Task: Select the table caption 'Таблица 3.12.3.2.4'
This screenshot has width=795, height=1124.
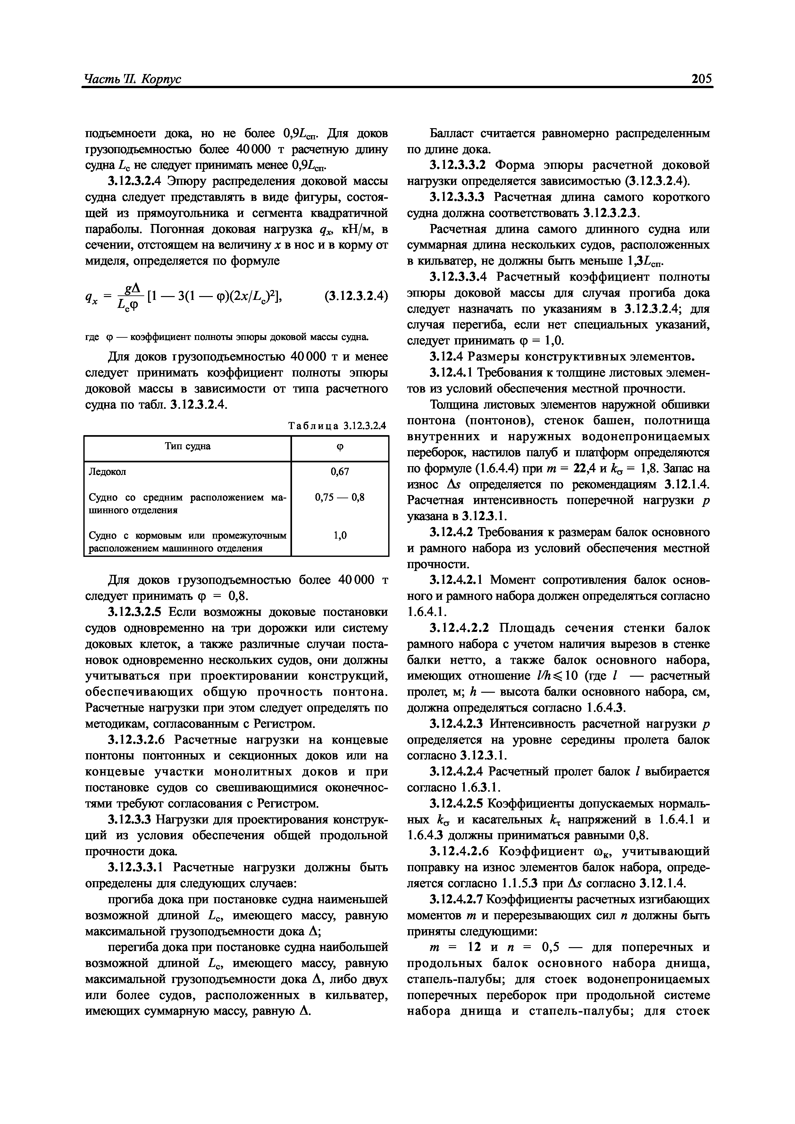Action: [x=338, y=426]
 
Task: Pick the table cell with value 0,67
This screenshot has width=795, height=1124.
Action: [x=339, y=472]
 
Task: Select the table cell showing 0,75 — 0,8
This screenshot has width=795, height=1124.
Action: [x=339, y=498]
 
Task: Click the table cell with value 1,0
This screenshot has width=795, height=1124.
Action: [x=339, y=536]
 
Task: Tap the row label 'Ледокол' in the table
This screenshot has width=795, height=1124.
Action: [x=107, y=472]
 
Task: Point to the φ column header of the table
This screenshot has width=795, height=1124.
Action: [x=339, y=447]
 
